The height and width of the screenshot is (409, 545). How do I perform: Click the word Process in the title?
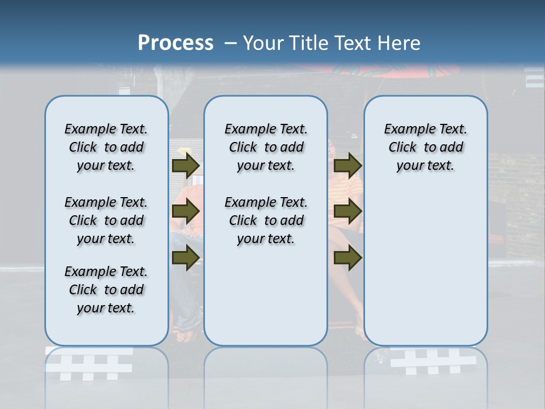175,43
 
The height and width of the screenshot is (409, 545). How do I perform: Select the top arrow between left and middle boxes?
185,165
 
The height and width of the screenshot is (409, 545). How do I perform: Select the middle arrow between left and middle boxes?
185,211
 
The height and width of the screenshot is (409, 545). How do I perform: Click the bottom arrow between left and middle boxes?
185,258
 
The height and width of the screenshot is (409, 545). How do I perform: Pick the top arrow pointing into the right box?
347,165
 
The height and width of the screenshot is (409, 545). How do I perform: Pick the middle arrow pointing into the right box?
347,211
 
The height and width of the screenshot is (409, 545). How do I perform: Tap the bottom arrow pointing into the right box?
347,258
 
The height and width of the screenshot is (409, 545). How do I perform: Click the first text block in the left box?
106,147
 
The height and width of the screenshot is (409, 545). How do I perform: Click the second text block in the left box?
106,220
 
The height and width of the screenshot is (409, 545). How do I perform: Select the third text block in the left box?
106,290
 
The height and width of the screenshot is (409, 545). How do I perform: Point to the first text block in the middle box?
266,147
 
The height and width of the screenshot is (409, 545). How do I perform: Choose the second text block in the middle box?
266,220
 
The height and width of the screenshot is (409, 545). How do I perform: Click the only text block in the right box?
425,147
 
